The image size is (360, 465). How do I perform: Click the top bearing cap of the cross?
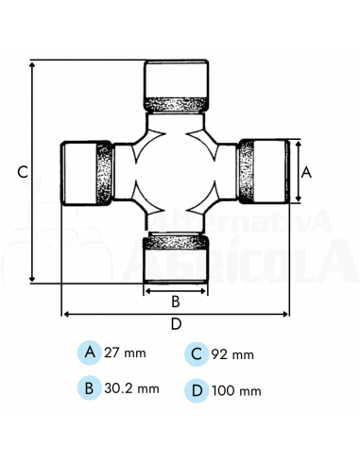(x=176, y=84)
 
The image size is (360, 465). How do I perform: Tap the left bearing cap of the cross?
(x=86, y=173)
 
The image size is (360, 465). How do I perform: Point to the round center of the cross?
(x=176, y=172)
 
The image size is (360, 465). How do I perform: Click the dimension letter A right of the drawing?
(x=305, y=172)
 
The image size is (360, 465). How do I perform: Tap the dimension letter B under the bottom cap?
(x=175, y=302)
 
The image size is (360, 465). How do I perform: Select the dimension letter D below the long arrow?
(x=176, y=324)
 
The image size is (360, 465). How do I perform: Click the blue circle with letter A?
(x=90, y=353)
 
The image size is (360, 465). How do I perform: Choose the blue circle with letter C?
(x=197, y=353)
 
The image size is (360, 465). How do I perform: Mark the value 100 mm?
(x=237, y=389)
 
